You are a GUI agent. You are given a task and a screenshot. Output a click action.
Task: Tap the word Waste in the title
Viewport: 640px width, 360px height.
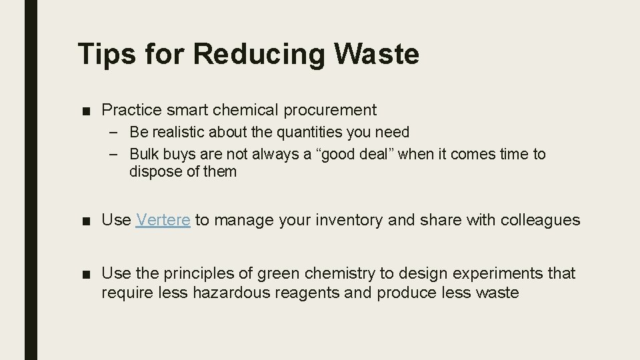coord(379,54)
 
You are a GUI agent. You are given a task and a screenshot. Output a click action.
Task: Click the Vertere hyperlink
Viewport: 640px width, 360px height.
coord(163,220)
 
